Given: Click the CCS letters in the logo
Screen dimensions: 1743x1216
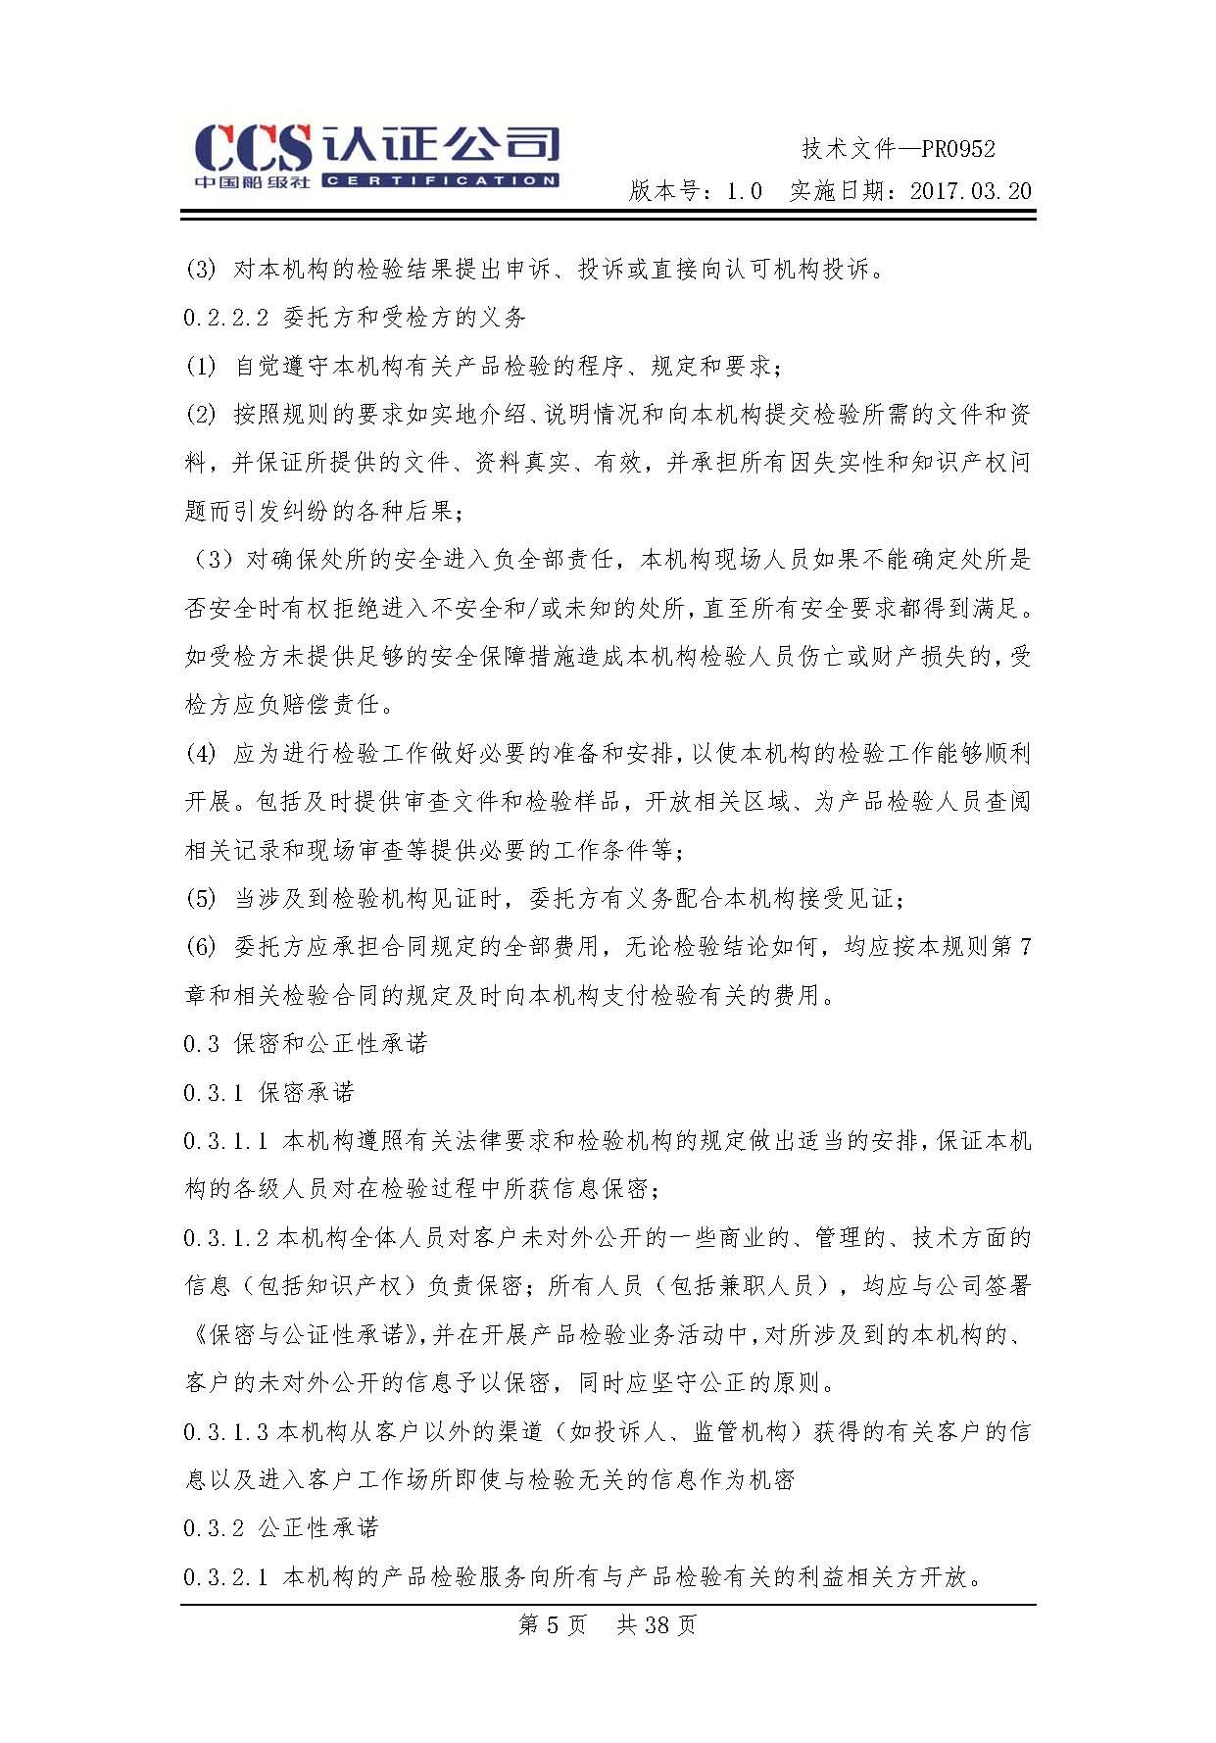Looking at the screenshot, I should pyautogui.click(x=252, y=149).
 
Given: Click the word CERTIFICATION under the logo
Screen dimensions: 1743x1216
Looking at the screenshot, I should pyautogui.click(x=440, y=181).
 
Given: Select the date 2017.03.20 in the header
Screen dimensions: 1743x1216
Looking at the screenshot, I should pyautogui.click(x=971, y=191).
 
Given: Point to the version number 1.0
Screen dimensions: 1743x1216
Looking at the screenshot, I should pyautogui.click(x=744, y=191).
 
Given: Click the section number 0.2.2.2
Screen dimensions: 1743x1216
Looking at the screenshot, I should pyautogui.click(x=225, y=318).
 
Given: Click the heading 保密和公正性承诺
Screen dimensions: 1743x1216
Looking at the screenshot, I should pyautogui.click(x=331, y=1044).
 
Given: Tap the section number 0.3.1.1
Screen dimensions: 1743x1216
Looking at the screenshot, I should pyautogui.click(x=225, y=1141).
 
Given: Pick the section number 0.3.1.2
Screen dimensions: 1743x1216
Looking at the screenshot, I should pyautogui.click(x=225, y=1238).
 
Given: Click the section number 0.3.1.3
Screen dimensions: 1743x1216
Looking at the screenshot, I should pyautogui.click(x=225, y=1432).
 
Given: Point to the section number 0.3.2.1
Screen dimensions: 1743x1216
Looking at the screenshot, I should pyautogui.click(x=225, y=1577).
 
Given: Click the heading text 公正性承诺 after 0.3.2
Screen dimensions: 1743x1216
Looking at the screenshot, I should pyautogui.click(x=318, y=1528).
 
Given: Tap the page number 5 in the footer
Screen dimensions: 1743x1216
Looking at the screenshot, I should pyautogui.click(x=553, y=1625).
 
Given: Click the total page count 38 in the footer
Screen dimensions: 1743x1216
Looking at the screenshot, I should pyautogui.click(x=657, y=1625).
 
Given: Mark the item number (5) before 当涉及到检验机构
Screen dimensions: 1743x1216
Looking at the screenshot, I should pyautogui.click(x=201, y=899).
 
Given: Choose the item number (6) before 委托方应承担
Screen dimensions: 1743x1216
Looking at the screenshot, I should pyautogui.click(x=201, y=947).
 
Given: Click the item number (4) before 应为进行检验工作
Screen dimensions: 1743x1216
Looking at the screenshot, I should pyautogui.click(x=201, y=754).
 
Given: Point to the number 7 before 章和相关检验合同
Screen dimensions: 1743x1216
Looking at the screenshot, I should pyautogui.click(x=1025, y=947).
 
